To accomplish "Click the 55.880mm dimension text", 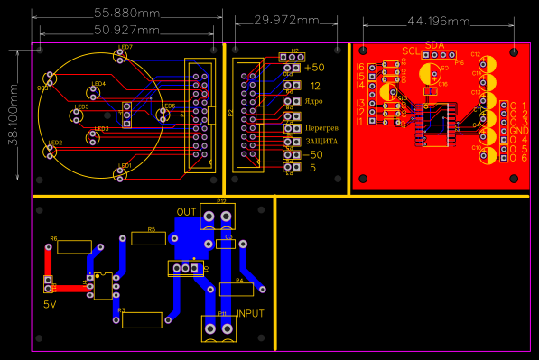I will [126, 14].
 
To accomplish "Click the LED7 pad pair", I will [119, 56].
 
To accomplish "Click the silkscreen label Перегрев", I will [321, 129].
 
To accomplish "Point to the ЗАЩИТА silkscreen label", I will [321, 142].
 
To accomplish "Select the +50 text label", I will [314, 68].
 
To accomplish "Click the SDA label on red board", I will [434, 44].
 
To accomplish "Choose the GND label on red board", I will [518, 131].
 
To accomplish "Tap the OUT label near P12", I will [187, 212].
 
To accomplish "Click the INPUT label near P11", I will [250, 313].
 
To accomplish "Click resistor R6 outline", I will [73, 246].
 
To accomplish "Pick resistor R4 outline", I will [237, 289].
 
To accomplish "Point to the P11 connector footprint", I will [217, 328].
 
